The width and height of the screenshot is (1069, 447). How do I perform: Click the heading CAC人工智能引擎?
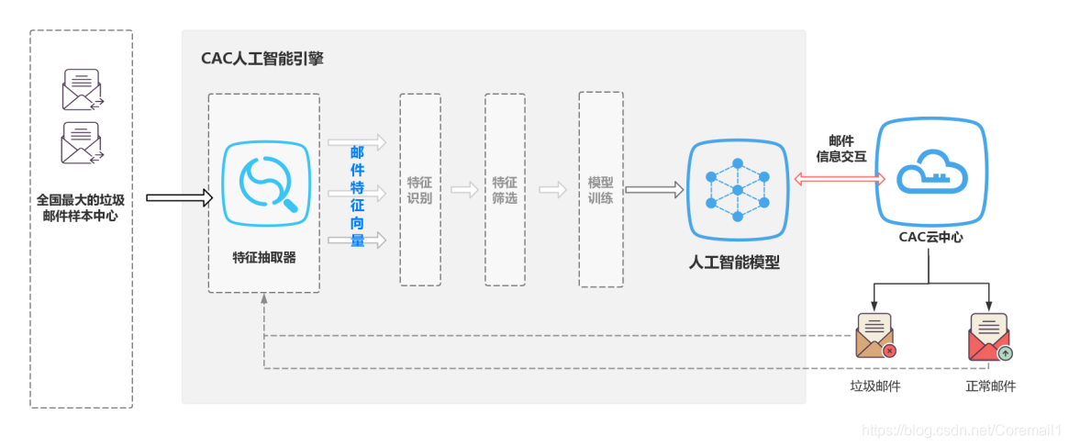click(262, 59)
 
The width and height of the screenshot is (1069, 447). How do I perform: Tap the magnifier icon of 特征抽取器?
click(264, 183)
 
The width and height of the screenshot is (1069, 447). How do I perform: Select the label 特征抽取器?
click(264, 258)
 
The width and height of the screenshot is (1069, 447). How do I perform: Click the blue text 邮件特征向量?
click(357, 196)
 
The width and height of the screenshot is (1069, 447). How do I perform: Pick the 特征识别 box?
click(419, 190)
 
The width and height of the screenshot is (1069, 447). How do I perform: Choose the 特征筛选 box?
click(505, 190)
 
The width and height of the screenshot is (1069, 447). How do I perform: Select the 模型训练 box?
click(600, 190)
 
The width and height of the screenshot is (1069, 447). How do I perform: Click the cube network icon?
click(738, 189)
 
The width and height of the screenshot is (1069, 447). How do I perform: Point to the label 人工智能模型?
click(734, 263)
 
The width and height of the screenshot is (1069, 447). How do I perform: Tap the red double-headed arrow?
click(839, 180)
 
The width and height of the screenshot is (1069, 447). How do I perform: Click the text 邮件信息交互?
click(841, 149)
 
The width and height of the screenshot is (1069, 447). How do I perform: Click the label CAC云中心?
click(930, 237)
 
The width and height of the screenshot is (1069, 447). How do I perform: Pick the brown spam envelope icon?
click(875, 336)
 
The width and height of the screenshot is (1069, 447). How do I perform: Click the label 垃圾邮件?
click(874, 386)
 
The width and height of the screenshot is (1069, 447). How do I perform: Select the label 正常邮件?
click(990, 386)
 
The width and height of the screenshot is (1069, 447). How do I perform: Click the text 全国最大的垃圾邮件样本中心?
click(81, 207)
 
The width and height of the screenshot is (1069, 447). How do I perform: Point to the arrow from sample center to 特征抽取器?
click(179, 196)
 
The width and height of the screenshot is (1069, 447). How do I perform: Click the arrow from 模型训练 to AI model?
click(654, 190)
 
